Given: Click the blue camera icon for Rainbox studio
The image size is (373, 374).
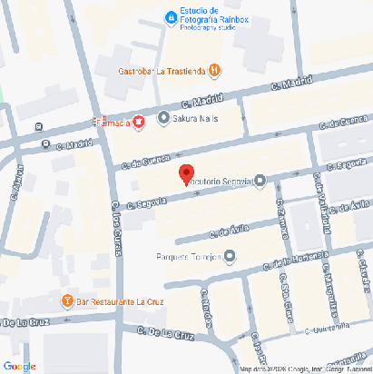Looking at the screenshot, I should tap(170, 17).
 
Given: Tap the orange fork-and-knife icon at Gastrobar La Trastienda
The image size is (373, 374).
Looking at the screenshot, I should tap(213, 70).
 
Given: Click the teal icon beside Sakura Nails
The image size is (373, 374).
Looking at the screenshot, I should tap(163, 117).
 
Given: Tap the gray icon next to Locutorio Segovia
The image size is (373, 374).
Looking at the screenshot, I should tap(260, 180).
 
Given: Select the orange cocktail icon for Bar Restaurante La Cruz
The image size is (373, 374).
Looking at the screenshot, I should tap(66, 300).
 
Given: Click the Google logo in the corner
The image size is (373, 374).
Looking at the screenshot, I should tap(19, 366).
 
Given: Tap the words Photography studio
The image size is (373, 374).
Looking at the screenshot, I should tap(208, 27).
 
